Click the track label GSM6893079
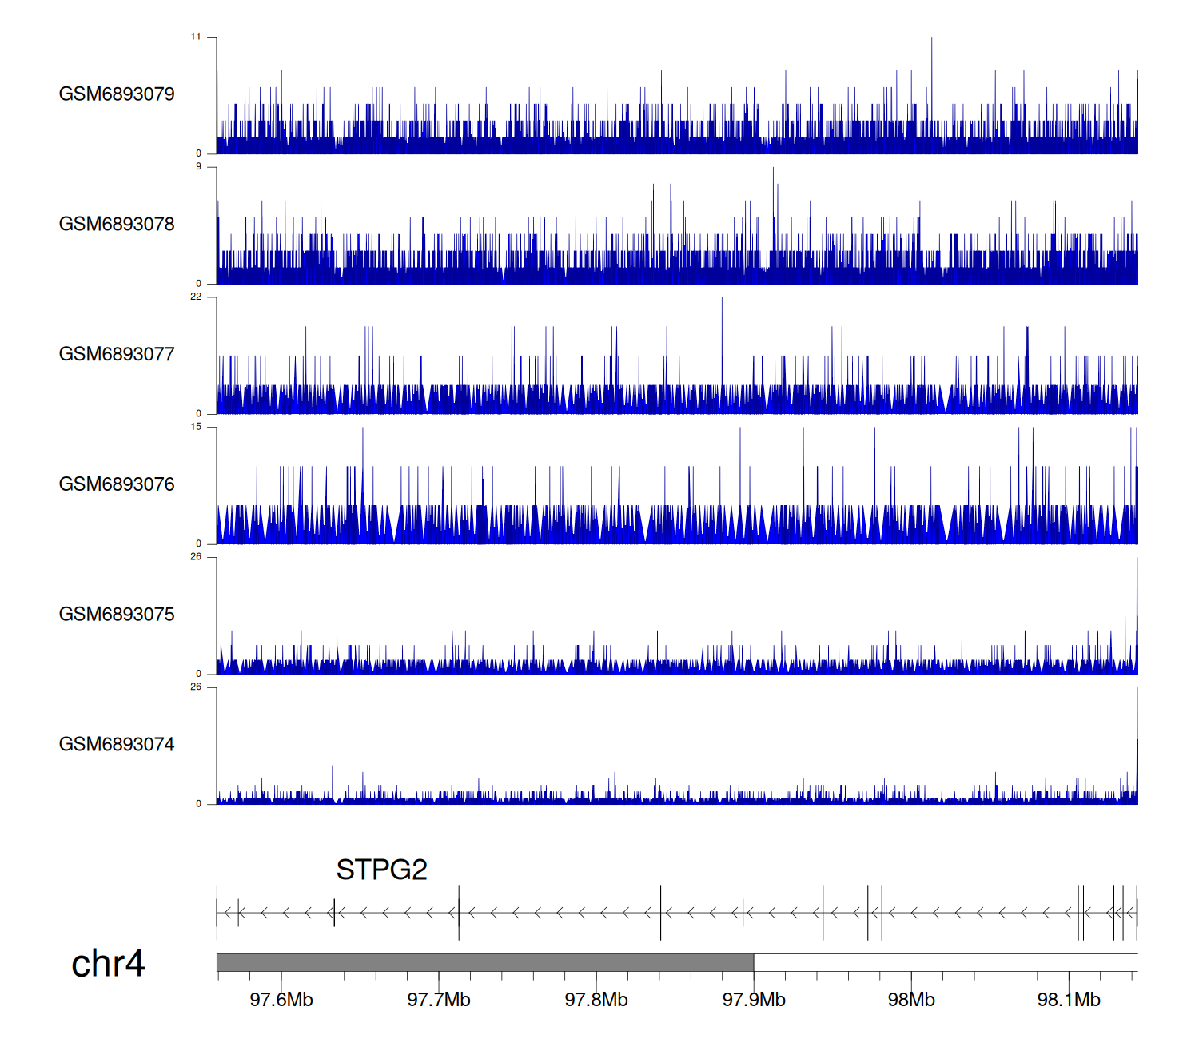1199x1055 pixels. (x=117, y=94)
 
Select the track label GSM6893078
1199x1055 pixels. (x=117, y=225)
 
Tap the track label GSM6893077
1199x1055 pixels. (x=117, y=355)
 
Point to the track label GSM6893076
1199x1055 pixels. (x=117, y=484)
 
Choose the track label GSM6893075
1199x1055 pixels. (x=117, y=615)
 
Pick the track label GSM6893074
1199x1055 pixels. (x=117, y=745)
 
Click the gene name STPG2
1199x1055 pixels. (x=381, y=870)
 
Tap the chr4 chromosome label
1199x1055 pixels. (x=108, y=964)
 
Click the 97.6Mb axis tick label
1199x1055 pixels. (x=281, y=1000)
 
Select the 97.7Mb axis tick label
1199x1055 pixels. (x=439, y=1000)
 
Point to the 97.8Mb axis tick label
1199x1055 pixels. (x=596, y=1000)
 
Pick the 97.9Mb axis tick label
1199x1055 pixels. (x=754, y=1000)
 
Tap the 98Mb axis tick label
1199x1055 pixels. (x=911, y=1000)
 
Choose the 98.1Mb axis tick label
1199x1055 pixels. (x=1069, y=1000)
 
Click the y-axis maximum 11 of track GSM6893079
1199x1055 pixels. (x=196, y=37)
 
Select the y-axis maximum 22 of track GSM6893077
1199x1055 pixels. (x=196, y=297)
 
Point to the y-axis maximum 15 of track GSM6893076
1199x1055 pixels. (x=196, y=427)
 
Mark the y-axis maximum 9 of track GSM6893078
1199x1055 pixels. (x=199, y=167)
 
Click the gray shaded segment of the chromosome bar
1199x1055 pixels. (x=485, y=962)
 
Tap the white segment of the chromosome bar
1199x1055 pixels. (x=946, y=962)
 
